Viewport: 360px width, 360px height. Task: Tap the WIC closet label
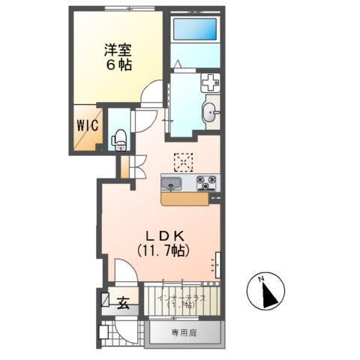click(x=88, y=125)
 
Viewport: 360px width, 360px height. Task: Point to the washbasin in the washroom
click(x=210, y=114)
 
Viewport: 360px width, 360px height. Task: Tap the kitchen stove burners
click(x=206, y=181)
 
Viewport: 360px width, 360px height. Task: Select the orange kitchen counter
click(x=185, y=199)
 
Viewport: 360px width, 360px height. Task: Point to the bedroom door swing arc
click(x=152, y=94)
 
